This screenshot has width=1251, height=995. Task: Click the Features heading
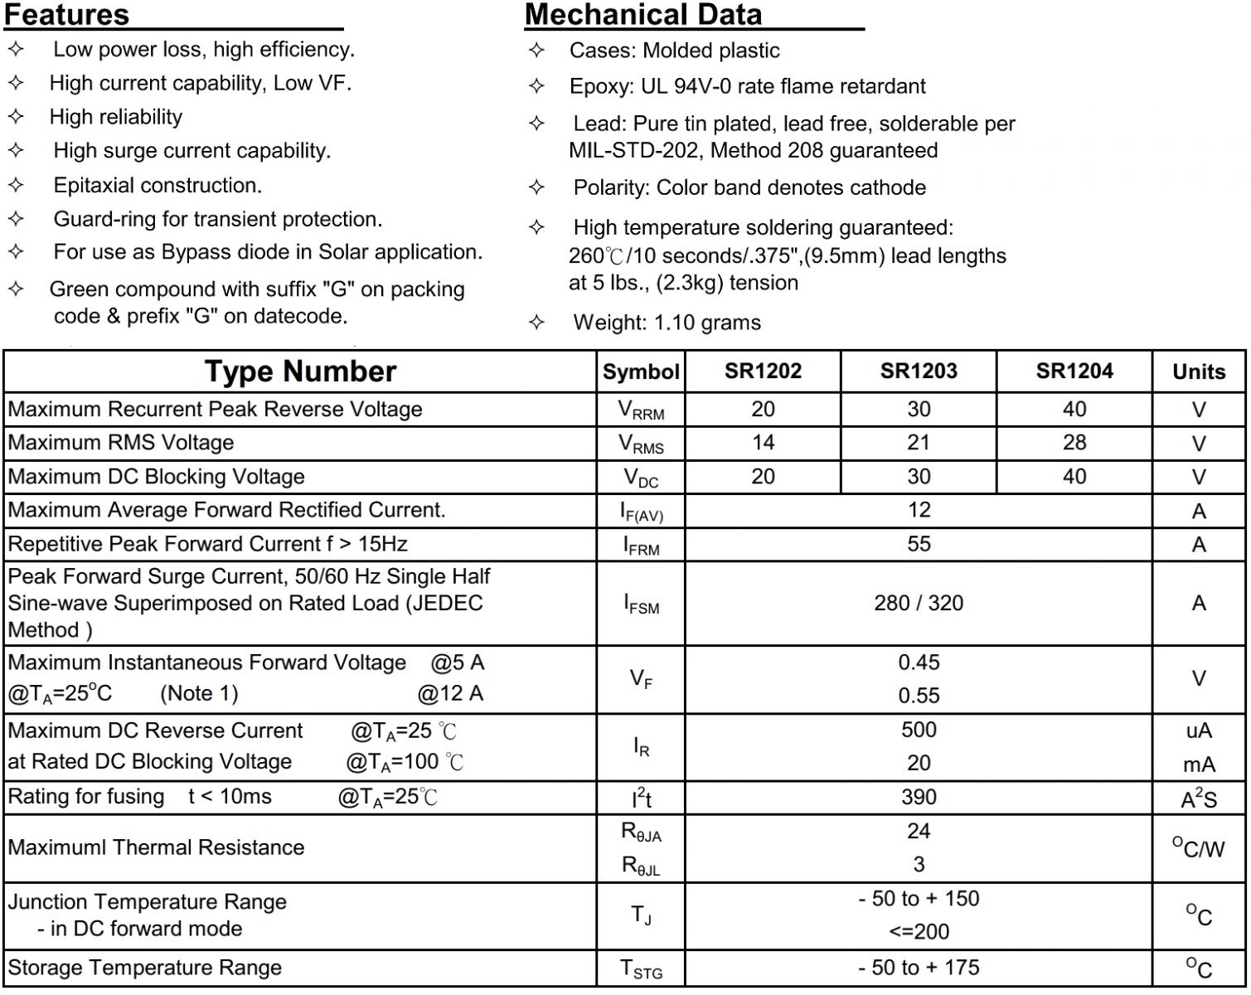pos(67,15)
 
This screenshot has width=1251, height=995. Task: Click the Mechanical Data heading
pos(642,15)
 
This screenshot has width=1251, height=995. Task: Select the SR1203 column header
pos(919,371)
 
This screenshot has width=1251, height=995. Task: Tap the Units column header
pos(1198,371)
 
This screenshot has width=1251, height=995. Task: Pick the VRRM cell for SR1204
pos(1074,410)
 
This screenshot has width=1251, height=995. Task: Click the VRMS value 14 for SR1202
pos(763,443)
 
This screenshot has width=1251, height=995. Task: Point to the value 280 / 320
pos(919,603)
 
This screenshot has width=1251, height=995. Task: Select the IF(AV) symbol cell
pos(641,512)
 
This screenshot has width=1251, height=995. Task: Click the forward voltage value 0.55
pos(919,696)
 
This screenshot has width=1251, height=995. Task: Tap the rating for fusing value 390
pos(919,797)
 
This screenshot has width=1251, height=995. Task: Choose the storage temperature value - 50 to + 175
pos(919,968)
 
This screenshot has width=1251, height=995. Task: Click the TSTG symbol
pos(641,969)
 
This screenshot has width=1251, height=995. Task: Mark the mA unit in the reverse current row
pos(1199,764)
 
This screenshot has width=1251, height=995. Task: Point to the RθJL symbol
pos(641,866)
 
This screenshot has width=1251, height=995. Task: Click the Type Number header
pos(300,371)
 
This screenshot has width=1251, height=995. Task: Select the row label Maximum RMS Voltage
pos(121,443)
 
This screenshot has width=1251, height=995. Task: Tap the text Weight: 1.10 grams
pos(667,323)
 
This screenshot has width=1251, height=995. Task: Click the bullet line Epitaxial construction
pos(158,185)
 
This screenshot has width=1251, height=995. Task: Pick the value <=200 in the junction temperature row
pos(919,932)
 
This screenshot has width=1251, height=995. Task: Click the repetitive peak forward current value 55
pos(919,544)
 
